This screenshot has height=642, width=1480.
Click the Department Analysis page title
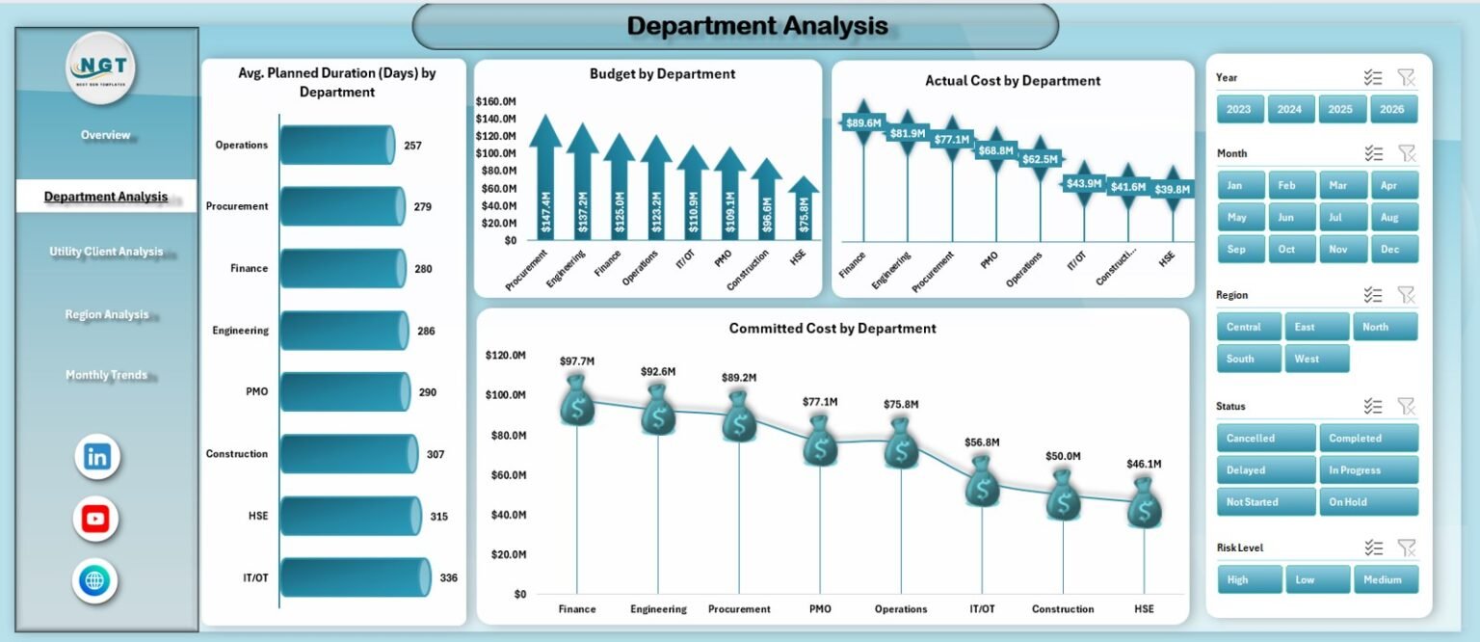[756, 26]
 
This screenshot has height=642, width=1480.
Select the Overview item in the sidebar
[105, 135]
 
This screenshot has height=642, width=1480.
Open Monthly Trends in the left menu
[106, 375]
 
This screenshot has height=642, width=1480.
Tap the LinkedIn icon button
[97, 457]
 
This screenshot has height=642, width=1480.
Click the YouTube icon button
[95, 520]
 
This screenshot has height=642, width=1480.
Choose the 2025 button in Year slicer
[1340, 109]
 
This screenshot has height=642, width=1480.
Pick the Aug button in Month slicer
[1388, 217]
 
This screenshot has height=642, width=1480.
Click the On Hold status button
[1367, 502]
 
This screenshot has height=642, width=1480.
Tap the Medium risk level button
[1382, 579]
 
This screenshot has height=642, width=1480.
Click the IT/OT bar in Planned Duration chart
[354, 577]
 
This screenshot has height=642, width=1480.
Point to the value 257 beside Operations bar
[412, 146]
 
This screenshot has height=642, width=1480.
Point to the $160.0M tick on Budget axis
[496, 101]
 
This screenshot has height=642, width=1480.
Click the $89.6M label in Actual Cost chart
[862, 123]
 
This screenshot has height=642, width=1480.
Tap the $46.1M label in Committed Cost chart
[1144, 464]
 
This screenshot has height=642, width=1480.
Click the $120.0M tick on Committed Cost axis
[505, 356]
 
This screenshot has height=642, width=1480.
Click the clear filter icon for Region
[1406, 295]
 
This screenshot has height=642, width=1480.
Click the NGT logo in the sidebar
[101, 70]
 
